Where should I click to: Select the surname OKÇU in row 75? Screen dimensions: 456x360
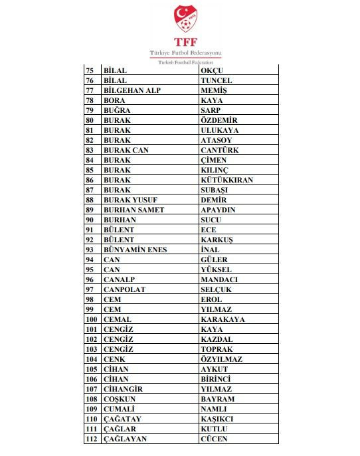(215, 70)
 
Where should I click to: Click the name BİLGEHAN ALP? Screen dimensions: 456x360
(132, 90)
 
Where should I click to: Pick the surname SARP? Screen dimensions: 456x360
(211, 110)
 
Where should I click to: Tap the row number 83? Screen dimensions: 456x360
(90, 150)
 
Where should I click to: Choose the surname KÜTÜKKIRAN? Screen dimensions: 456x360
(226, 180)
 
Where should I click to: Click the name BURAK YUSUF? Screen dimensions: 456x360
(130, 200)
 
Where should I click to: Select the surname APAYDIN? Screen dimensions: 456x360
(218, 210)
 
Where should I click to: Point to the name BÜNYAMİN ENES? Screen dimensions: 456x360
(135, 250)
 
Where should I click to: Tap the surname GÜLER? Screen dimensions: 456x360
(214, 260)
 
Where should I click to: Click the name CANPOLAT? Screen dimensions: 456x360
(124, 289)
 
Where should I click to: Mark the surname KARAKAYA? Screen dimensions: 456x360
(223, 319)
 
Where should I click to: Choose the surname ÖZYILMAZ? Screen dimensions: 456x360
(222, 359)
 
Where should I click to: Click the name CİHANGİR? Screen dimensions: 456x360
(123, 389)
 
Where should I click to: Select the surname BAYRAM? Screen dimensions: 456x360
(217, 399)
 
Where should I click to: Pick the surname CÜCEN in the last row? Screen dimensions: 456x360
(214, 439)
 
